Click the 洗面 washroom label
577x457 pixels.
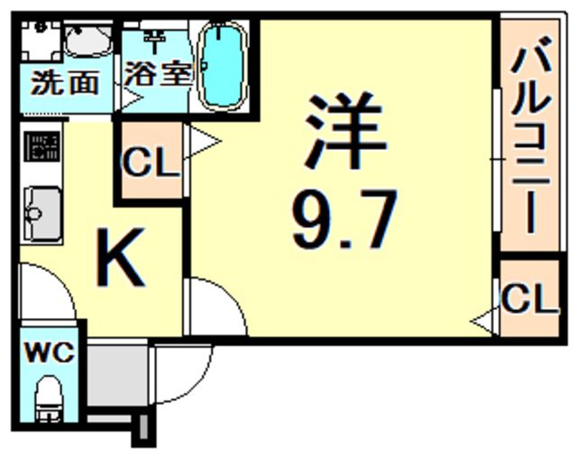point(65,83)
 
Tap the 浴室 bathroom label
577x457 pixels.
point(159,74)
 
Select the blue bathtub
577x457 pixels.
point(223,66)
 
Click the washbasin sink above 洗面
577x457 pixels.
point(88,41)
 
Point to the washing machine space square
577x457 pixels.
point(41,41)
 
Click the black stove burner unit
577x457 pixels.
point(42,147)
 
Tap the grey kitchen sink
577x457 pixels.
point(42,215)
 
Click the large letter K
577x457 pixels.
point(120,257)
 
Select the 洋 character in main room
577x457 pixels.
point(345,132)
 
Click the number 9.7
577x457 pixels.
point(344,220)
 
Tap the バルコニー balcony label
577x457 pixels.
point(530,135)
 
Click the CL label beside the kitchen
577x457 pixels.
point(152,164)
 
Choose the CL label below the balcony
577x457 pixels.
point(530,298)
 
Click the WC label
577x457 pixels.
point(50,352)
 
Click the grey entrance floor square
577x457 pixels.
point(118,375)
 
